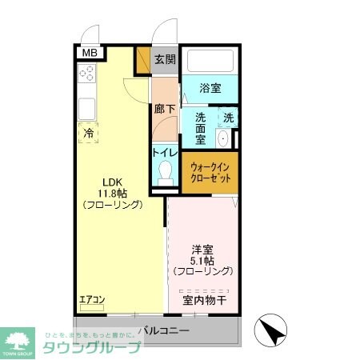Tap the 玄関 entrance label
[165, 59]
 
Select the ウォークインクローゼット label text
[211, 172]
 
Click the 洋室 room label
[202, 248]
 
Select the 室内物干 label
[205, 301]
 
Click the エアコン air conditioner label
[91, 300]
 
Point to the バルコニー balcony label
[163, 330]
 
